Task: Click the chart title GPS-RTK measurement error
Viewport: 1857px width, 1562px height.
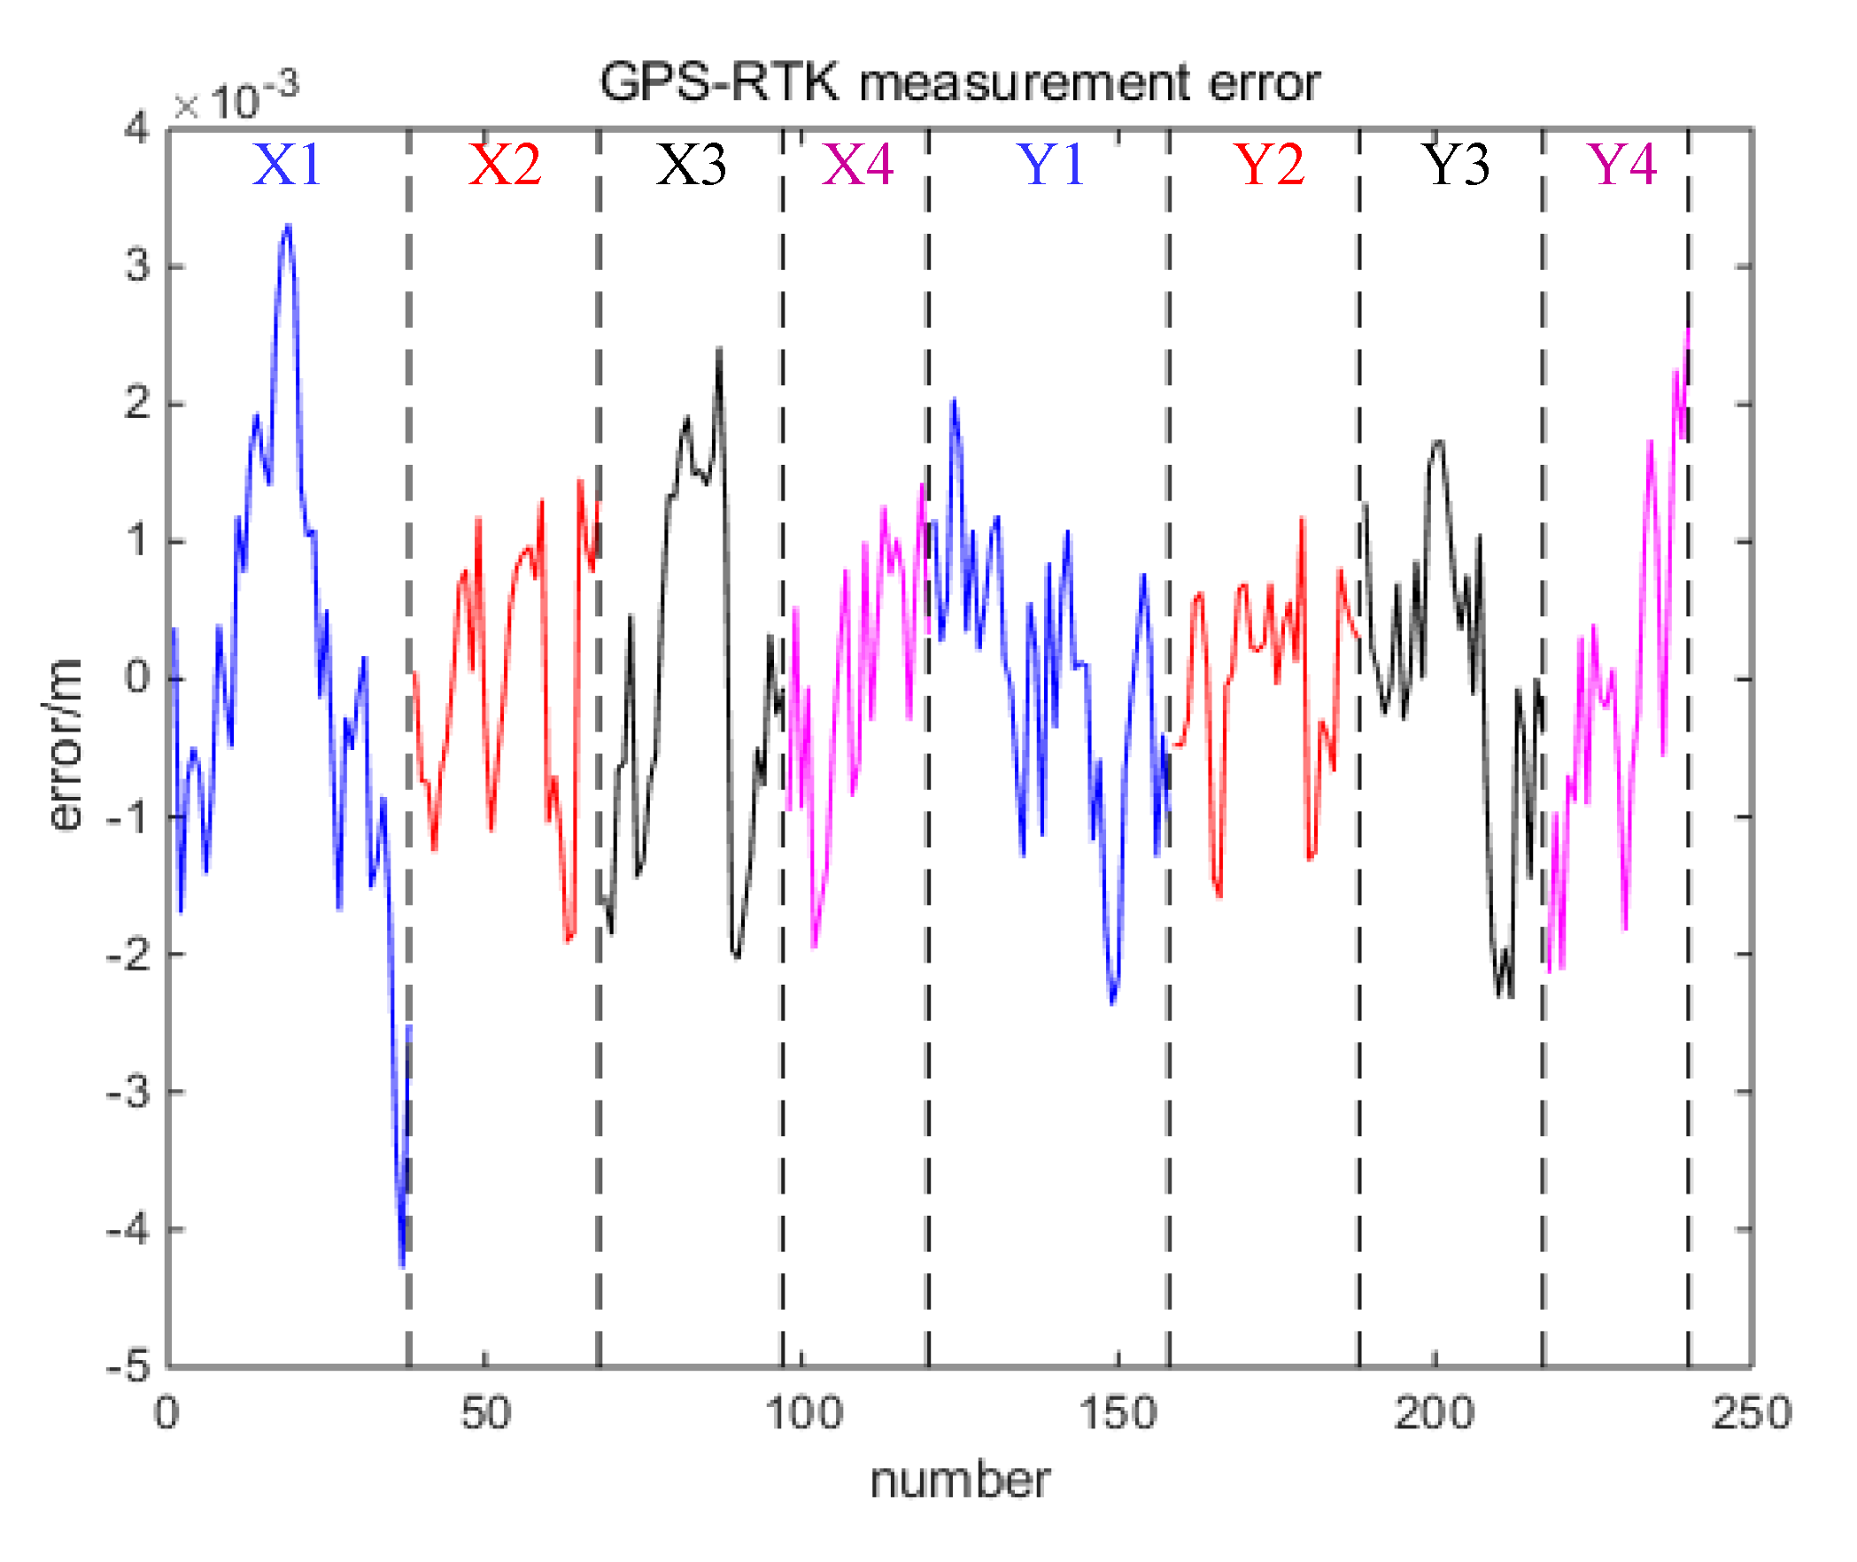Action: tap(960, 83)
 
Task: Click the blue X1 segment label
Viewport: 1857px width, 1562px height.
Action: tap(286, 165)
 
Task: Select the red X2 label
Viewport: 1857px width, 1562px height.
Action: tap(505, 165)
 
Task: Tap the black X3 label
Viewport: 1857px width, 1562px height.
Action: tap(691, 165)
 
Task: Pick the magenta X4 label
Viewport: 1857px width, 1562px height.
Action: tap(857, 165)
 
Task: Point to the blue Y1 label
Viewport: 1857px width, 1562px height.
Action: tap(1052, 165)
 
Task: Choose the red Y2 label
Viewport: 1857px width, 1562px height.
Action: tap(1270, 165)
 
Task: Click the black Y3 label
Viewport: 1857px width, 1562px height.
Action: tap(1456, 165)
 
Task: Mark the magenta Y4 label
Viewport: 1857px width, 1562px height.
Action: tap(1622, 165)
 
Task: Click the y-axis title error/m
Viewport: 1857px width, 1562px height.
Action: tap(65, 745)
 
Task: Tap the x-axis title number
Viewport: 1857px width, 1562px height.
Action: tap(960, 1481)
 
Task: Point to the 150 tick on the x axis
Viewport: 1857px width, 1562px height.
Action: tap(1118, 1413)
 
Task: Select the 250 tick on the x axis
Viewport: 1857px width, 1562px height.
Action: tap(1751, 1413)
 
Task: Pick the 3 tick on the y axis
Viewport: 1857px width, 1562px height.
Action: tap(138, 267)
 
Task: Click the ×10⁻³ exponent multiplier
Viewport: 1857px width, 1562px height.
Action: tap(236, 99)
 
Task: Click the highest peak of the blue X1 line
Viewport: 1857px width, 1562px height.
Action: tap(288, 227)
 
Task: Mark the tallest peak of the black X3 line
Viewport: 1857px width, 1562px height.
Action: tap(719, 350)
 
